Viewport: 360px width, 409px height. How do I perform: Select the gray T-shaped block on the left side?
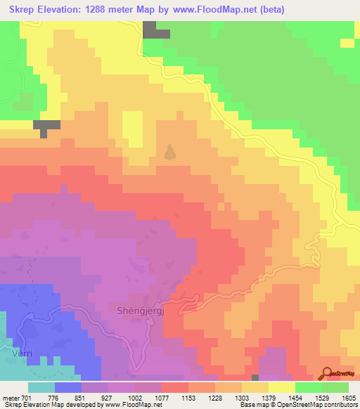tap(46, 127)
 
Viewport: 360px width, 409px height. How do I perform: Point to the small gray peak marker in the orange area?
tap(169, 152)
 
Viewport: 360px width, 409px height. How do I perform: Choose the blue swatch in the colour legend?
tap(68, 387)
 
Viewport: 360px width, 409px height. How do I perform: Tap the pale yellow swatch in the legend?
tap(282, 387)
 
